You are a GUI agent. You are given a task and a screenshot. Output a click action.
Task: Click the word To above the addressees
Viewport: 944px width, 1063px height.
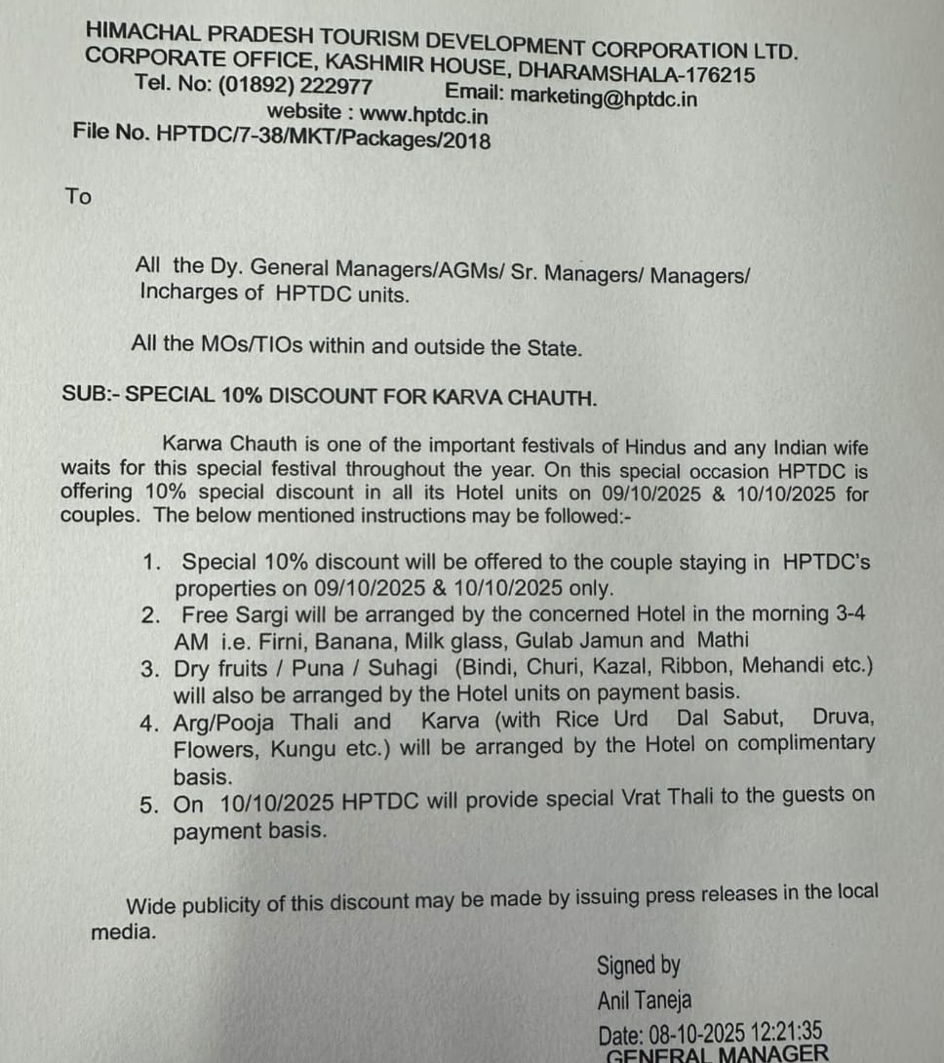[x=78, y=196]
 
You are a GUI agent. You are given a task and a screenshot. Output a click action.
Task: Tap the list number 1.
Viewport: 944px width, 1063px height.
[x=150, y=562]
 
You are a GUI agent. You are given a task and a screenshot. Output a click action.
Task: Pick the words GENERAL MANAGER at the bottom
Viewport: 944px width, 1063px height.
[x=718, y=1053]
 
